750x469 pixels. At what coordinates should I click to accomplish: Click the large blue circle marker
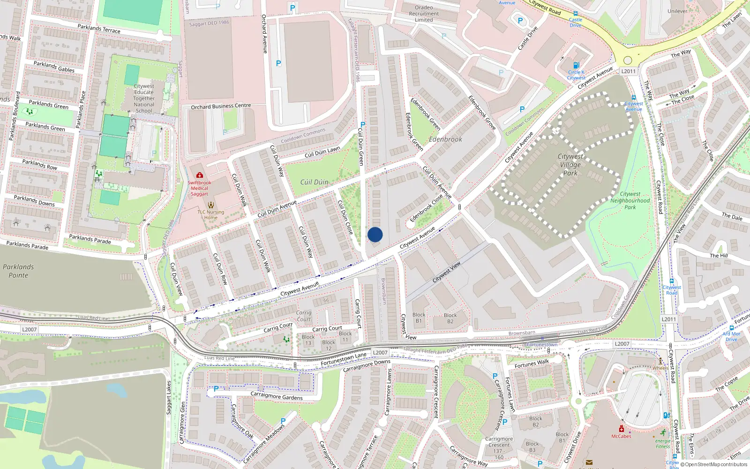[x=375, y=234]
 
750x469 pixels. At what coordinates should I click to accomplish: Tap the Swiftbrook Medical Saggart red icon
[x=200, y=175]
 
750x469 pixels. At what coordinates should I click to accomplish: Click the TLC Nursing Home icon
[x=211, y=205]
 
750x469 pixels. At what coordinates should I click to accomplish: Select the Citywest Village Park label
[x=570, y=165]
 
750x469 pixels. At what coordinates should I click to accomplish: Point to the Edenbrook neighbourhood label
[x=445, y=139]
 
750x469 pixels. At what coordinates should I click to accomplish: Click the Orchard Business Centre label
[x=221, y=106]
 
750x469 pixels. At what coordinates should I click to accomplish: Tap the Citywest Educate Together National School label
[x=144, y=98]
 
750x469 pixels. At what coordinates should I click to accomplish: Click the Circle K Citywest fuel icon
[x=576, y=65]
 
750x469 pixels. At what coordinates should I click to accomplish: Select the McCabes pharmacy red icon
[x=622, y=429]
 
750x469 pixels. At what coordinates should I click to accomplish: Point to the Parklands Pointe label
[x=18, y=271]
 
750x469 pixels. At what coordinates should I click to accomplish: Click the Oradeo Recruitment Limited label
[x=424, y=14]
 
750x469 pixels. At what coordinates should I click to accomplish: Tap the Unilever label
[x=677, y=11]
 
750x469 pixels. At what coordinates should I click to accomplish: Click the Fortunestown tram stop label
[x=542, y=345]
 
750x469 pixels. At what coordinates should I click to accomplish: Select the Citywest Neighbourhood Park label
[x=630, y=200]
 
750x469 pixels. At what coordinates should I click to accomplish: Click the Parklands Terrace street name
[x=99, y=29]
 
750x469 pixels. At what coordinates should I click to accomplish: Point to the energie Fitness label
[x=663, y=444]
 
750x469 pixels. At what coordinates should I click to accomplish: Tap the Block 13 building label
[x=308, y=340]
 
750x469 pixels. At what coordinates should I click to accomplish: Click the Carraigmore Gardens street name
[x=277, y=396]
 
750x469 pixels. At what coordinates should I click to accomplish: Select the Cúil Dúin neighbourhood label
[x=314, y=182]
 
